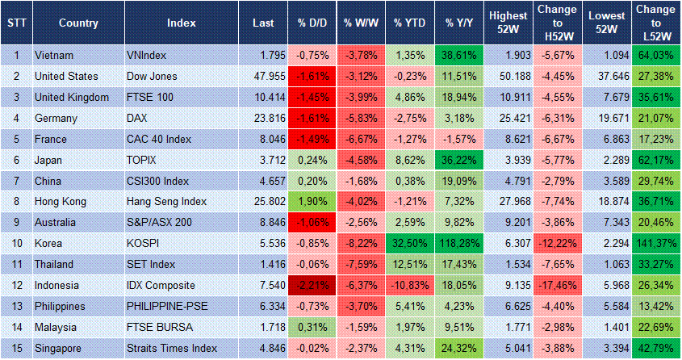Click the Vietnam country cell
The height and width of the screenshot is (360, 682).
(54, 56)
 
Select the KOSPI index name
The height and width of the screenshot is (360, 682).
(144, 244)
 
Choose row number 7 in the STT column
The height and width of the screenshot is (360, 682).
(16, 181)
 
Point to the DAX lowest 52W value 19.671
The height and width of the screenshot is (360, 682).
(605, 118)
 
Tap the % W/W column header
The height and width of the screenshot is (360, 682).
(361, 23)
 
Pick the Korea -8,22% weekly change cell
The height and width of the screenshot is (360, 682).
(361, 244)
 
